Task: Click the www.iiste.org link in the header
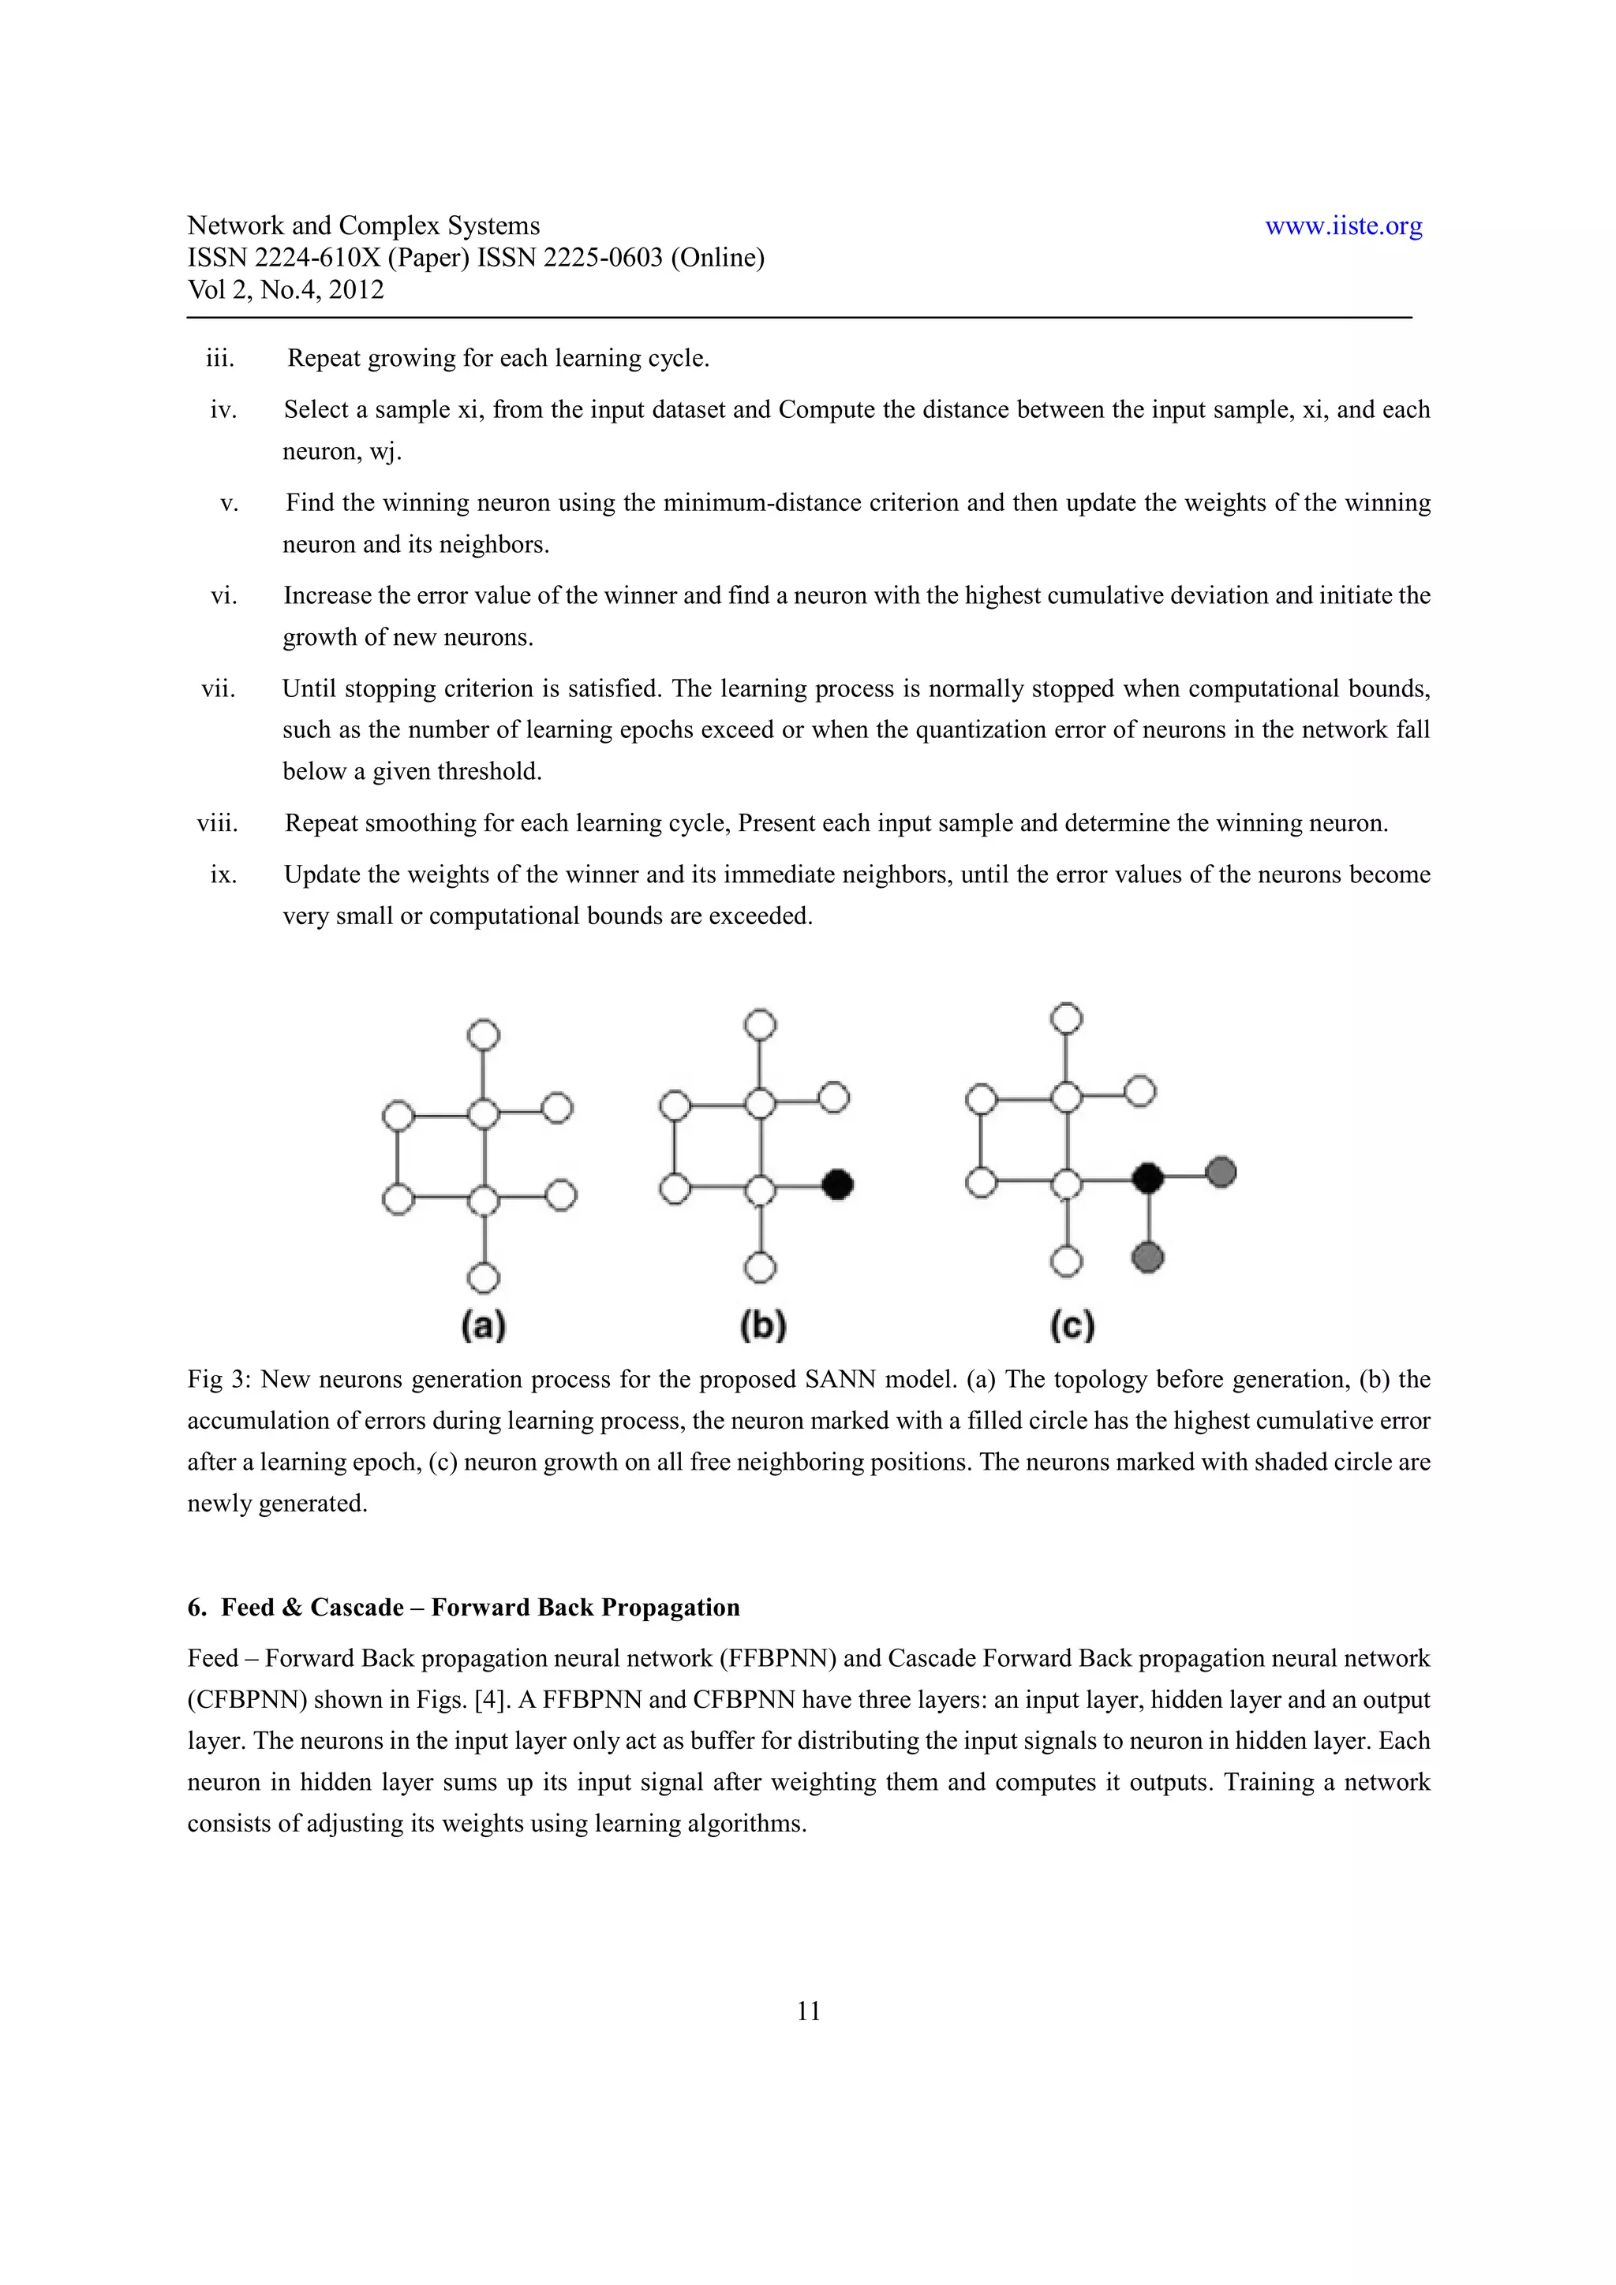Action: click(1342, 226)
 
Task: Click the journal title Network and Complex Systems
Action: click(364, 226)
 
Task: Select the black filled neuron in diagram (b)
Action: click(838, 1184)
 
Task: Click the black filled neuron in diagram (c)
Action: click(1148, 1178)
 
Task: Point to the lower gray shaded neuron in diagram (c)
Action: click(1148, 1258)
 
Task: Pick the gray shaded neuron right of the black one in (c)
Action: click(1221, 1172)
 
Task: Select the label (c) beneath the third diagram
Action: click(1072, 1325)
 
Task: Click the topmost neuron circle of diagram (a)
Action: click(484, 1034)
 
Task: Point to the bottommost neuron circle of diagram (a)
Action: click(484, 1277)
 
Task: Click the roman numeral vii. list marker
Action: click(218, 688)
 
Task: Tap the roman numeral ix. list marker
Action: click(223, 874)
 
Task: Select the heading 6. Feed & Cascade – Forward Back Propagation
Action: click(463, 1607)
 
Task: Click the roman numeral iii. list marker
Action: click(220, 358)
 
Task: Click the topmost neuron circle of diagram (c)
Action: click(1066, 1018)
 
